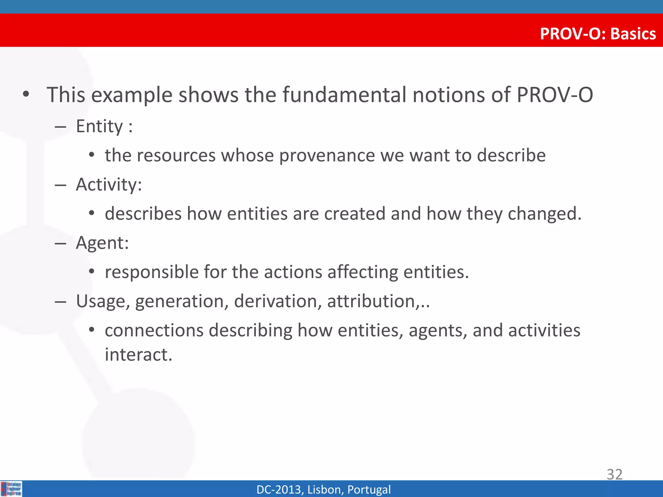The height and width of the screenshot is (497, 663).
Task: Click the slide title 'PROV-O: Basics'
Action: click(598, 34)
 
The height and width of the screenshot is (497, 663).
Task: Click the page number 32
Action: click(614, 474)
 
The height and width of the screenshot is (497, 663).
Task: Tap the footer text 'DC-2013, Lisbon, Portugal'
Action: click(323, 489)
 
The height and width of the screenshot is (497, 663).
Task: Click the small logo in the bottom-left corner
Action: click(11, 489)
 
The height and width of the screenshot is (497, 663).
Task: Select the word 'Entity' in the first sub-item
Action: click(99, 126)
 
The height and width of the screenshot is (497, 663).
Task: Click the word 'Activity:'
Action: click(109, 185)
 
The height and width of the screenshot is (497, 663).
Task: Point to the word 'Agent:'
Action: click(102, 243)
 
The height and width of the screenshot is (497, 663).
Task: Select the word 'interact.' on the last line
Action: click(139, 355)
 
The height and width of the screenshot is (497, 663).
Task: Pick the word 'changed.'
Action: click(545, 214)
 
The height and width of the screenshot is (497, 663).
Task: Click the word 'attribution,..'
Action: click(378, 301)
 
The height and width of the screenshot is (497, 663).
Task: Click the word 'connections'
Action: click(154, 330)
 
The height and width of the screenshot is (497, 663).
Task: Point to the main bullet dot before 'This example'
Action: click(26, 94)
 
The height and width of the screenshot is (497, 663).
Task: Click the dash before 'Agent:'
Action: click(61, 243)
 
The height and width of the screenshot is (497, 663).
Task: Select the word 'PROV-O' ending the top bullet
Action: click(555, 95)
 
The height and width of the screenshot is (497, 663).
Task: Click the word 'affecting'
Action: click(363, 272)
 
